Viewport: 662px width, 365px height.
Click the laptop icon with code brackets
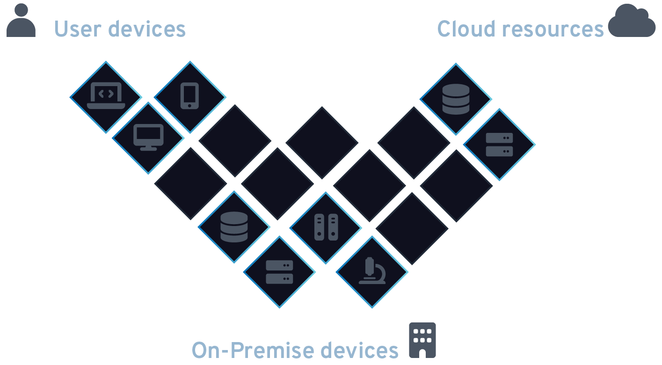pyautogui.click(x=106, y=96)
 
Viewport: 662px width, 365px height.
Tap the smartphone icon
pyautogui.click(x=189, y=96)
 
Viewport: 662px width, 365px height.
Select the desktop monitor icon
pyautogui.click(x=148, y=138)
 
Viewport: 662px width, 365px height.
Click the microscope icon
pyautogui.click(x=372, y=271)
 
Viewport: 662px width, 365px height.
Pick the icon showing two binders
pyautogui.click(x=326, y=227)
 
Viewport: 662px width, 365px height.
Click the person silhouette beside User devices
pyautogui.click(x=21, y=21)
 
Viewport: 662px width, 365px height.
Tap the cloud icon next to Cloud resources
pyautogui.click(x=632, y=21)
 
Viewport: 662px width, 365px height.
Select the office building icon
pyautogui.click(x=422, y=340)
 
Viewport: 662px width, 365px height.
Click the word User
pyautogui.click(x=77, y=29)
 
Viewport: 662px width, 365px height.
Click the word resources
pyautogui.click(x=553, y=29)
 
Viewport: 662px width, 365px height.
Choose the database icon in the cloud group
pyautogui.click(x=456, y=99)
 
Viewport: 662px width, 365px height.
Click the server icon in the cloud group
pyautogui.click(x=499, y=145)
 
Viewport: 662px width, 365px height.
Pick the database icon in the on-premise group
pyautogui.click(x=234, y=227)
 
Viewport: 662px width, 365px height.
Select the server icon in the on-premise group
pyautogui.click(x=279, y=272)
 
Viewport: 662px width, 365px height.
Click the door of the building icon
pyautogui.click(x=422, y=353)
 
